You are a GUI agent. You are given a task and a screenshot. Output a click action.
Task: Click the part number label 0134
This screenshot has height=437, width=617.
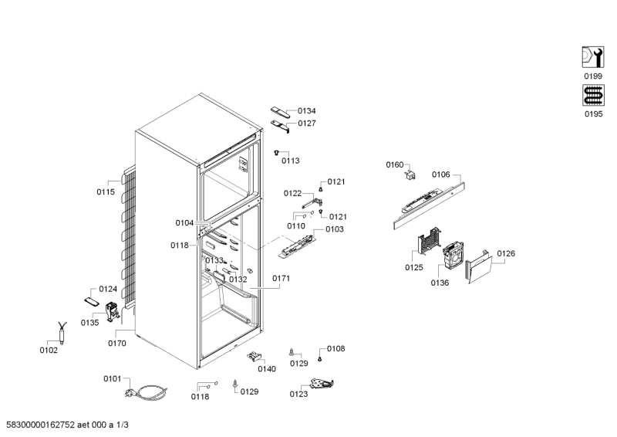tap(306, 111)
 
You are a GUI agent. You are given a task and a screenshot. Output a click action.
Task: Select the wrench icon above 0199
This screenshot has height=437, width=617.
tap(593, 57)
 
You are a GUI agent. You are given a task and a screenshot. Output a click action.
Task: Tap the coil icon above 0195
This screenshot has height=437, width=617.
tap(593, 95)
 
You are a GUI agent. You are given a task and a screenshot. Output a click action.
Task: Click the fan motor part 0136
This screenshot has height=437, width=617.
tap(453, 256)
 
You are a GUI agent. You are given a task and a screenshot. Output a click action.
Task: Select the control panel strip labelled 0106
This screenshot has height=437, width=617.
tap(430, 205)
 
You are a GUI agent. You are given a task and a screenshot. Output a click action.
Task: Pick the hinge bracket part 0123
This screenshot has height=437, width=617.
tap(322, 383)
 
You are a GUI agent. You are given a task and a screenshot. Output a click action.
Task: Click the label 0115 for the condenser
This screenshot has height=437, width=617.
tap(106, 192)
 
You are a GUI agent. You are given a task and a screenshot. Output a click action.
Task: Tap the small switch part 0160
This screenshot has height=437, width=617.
tap(410, 174)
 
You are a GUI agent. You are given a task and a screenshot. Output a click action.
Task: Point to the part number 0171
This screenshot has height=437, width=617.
tap(281, 279)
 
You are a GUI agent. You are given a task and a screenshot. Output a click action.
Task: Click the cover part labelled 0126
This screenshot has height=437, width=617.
tap(479, 267)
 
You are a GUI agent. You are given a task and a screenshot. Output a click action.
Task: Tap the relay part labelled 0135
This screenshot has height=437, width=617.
tap(112, 311)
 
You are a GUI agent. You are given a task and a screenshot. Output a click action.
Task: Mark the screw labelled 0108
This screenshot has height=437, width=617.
tap(319, 359)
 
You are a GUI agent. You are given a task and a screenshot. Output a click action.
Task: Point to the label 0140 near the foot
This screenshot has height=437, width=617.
tap(267, 369)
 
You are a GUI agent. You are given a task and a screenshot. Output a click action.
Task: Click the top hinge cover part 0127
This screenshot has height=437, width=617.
tap(280, 126)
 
